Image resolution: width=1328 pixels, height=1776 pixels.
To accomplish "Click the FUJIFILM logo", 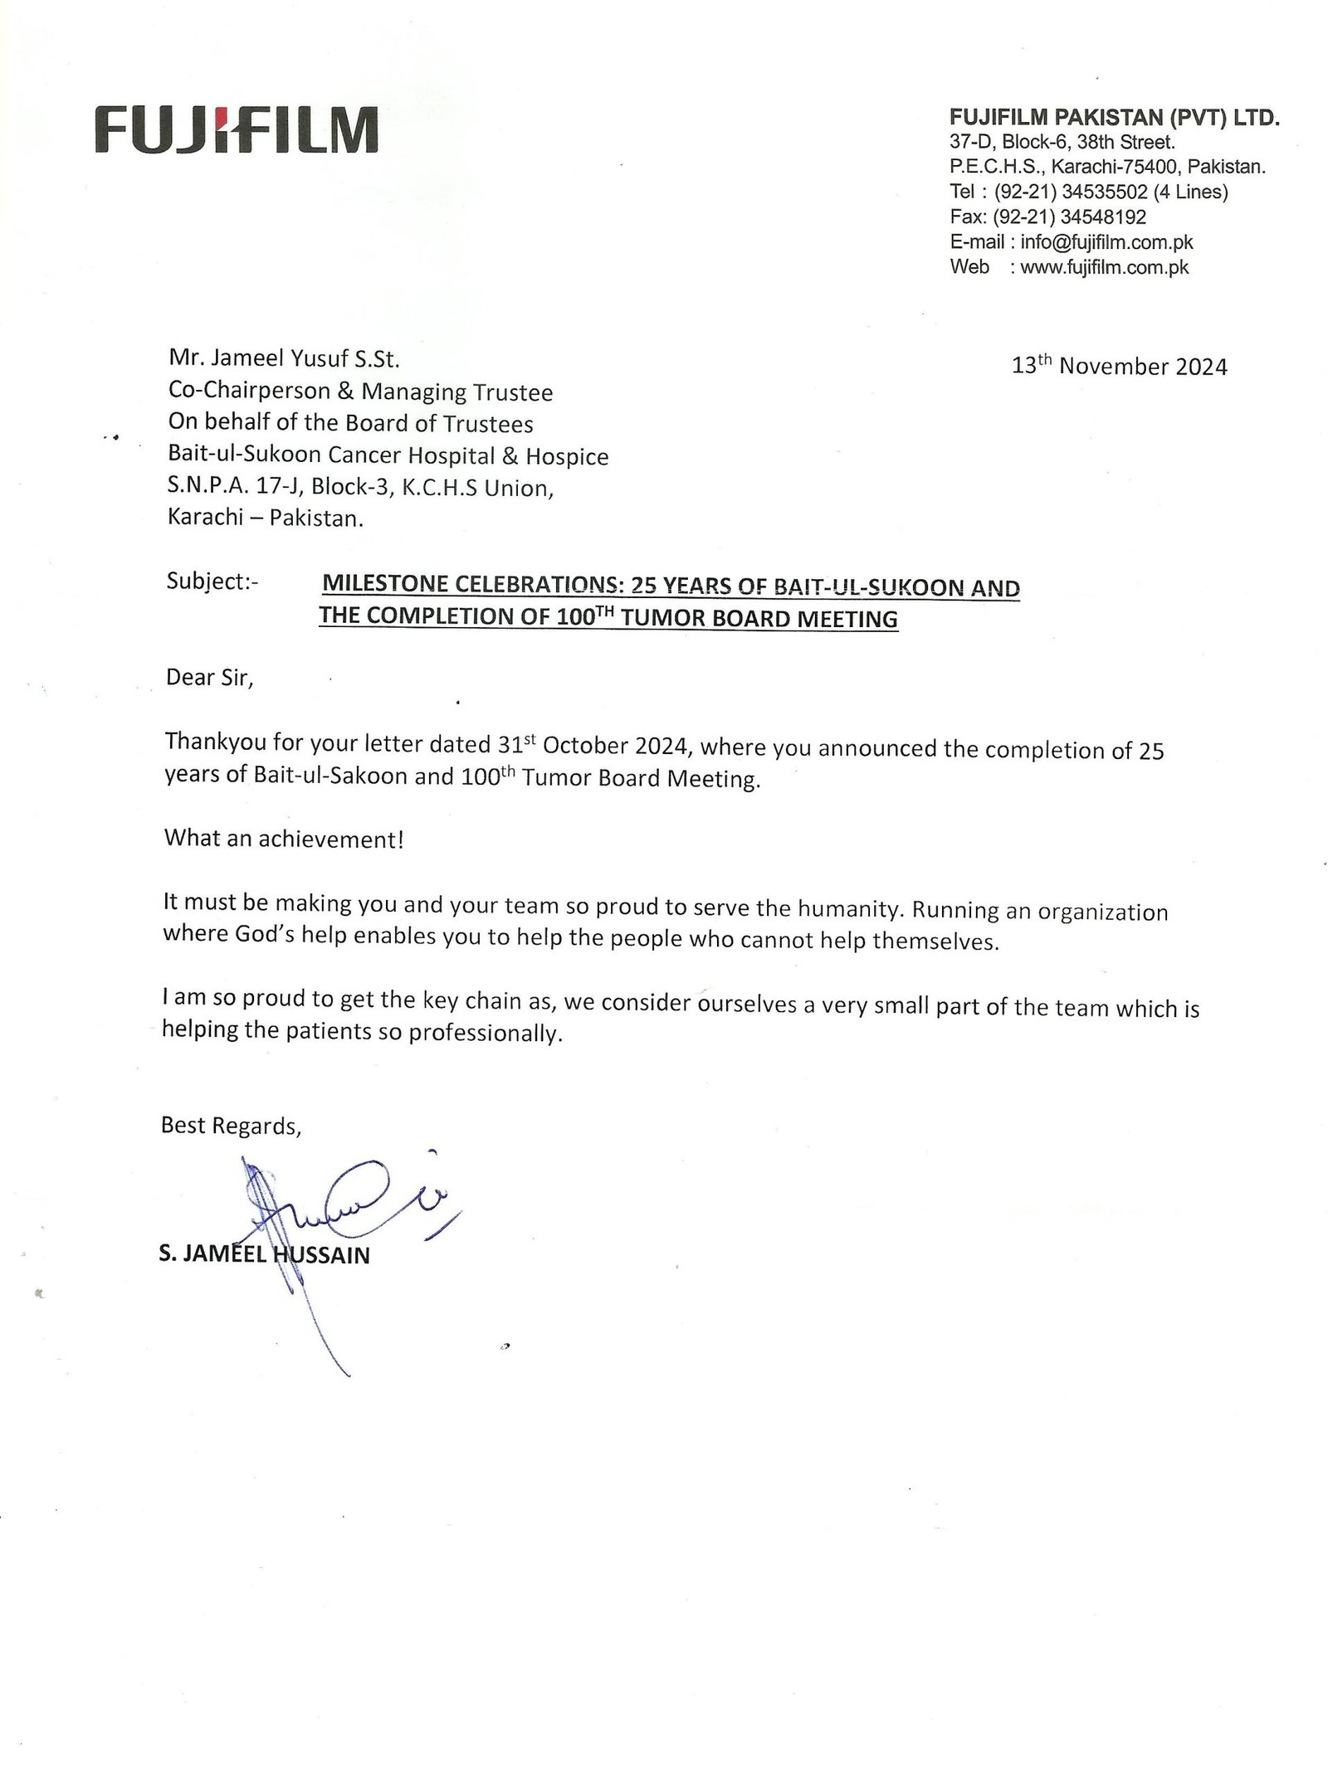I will point(237,129).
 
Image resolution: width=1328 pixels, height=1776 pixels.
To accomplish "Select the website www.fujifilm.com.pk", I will point(1104,267).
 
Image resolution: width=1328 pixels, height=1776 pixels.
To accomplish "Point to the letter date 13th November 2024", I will point(1119,367).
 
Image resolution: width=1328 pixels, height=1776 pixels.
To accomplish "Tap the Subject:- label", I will point(212,581).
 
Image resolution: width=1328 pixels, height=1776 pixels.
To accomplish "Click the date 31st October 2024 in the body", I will point(593,745).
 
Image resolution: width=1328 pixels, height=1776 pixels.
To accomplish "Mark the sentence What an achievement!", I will point(284,839).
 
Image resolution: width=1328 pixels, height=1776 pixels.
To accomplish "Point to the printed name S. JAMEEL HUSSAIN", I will point(264,1255).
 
